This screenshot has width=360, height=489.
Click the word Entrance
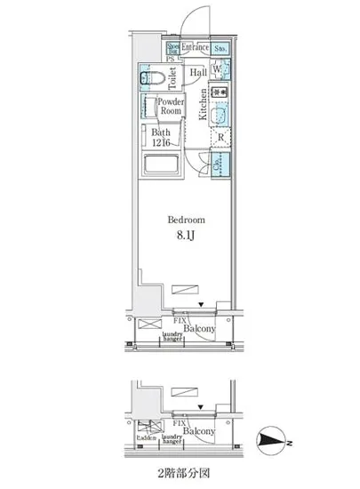(x=196, y=46)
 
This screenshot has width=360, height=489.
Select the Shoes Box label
(x=172, y=47)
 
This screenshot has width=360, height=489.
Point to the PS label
(x=170, y=58)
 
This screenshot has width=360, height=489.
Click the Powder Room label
(x=170, y=108)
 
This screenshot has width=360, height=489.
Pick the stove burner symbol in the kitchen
(x=220, y=92)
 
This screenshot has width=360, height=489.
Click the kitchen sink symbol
(x=220, y=116)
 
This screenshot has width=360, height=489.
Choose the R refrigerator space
(x=220, y=138)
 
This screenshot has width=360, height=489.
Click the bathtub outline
(x=162, y=165)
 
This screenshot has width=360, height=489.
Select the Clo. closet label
(x=219, y=163)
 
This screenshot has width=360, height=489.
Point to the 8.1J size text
(x=187, y=235)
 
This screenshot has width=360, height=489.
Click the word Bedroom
(x=187, y=219)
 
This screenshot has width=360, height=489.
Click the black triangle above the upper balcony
(x=202, y=307)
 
